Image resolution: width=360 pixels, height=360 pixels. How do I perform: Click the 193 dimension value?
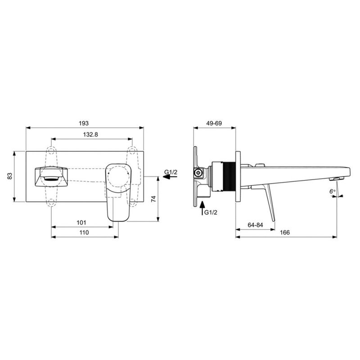(84, 123)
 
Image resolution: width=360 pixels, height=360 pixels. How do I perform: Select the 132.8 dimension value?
(90, 135)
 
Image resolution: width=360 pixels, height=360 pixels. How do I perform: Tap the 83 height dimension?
(9, 177)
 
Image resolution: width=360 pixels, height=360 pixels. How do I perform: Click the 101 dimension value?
(81, 222)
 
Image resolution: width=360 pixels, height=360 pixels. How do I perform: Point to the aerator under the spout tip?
(335, 179)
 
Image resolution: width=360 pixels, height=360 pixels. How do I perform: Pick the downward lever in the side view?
(271, 200)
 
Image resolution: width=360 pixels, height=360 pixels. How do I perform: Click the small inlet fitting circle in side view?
(197, 172)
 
